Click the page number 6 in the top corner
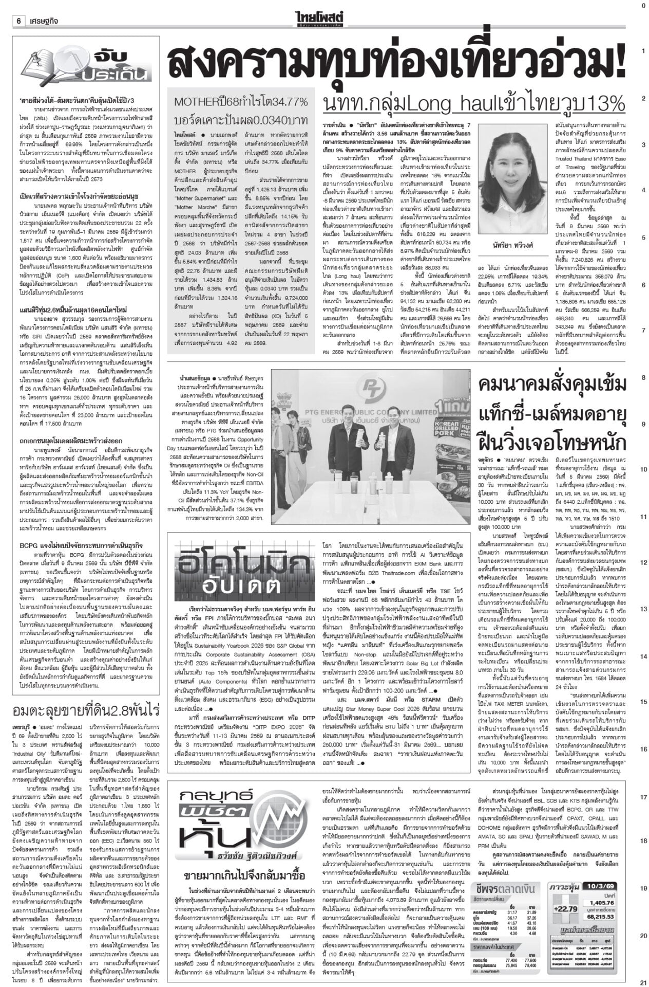[x=18, y=21]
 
